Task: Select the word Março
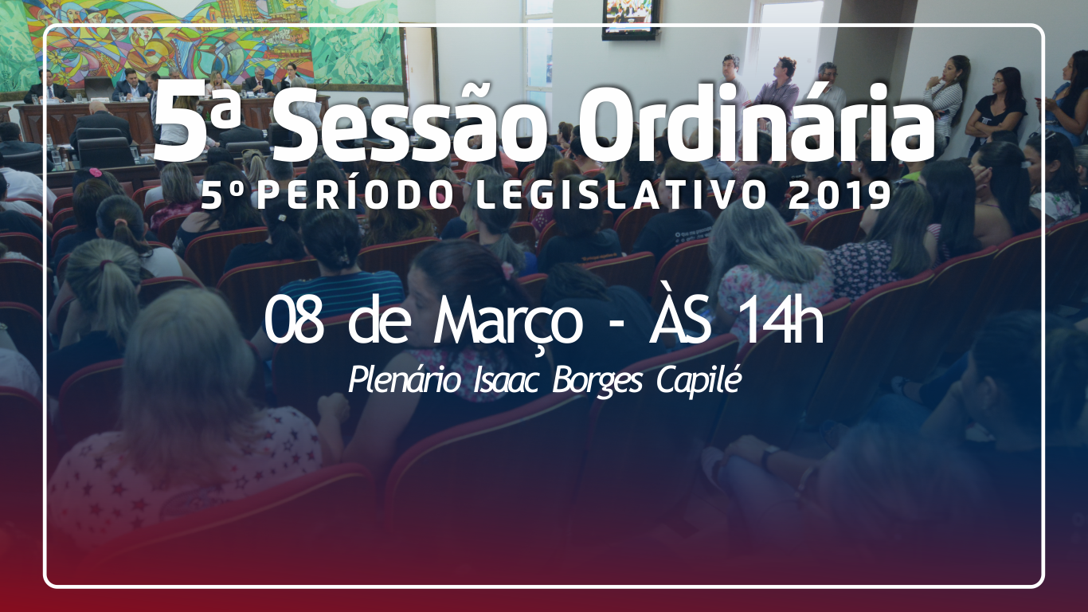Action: pos(507,324)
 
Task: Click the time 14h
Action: pos(783,320)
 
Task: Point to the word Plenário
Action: pos(404,381)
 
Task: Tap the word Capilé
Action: pos(699,382)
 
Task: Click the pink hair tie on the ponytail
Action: pos(96,172)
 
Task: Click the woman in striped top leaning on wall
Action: pos(944,102)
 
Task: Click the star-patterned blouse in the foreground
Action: pos(185,467)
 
